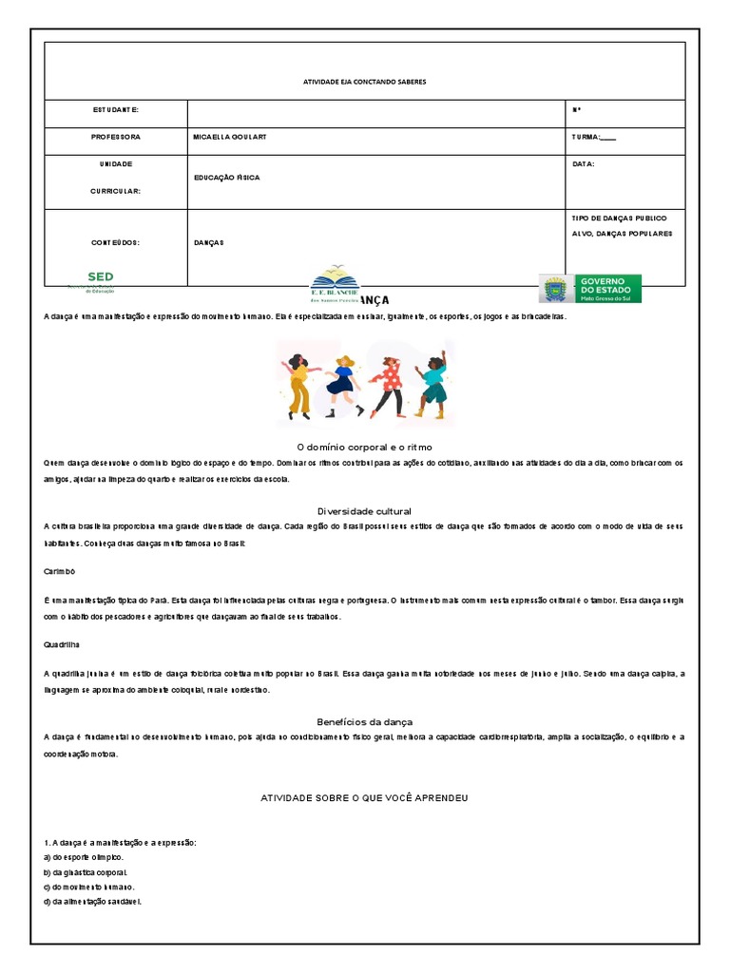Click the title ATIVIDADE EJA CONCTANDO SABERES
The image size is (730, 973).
364,83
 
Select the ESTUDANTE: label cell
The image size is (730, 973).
116,110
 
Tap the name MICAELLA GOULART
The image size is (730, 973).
229,137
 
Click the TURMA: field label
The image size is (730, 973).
593,137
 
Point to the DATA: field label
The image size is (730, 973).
583,163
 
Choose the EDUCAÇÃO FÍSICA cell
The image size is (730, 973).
226,178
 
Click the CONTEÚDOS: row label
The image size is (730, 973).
116,243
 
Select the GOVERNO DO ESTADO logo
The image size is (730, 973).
590,288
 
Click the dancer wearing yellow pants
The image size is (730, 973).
298,385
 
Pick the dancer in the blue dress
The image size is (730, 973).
343,385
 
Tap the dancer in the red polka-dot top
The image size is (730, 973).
388,385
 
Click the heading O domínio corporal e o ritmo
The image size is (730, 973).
365,446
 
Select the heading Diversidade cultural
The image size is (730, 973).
365,511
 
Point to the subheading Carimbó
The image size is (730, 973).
59,574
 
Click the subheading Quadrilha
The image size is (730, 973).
62,643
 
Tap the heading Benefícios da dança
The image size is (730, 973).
365,721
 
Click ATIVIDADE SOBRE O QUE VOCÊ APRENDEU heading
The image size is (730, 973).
365,798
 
